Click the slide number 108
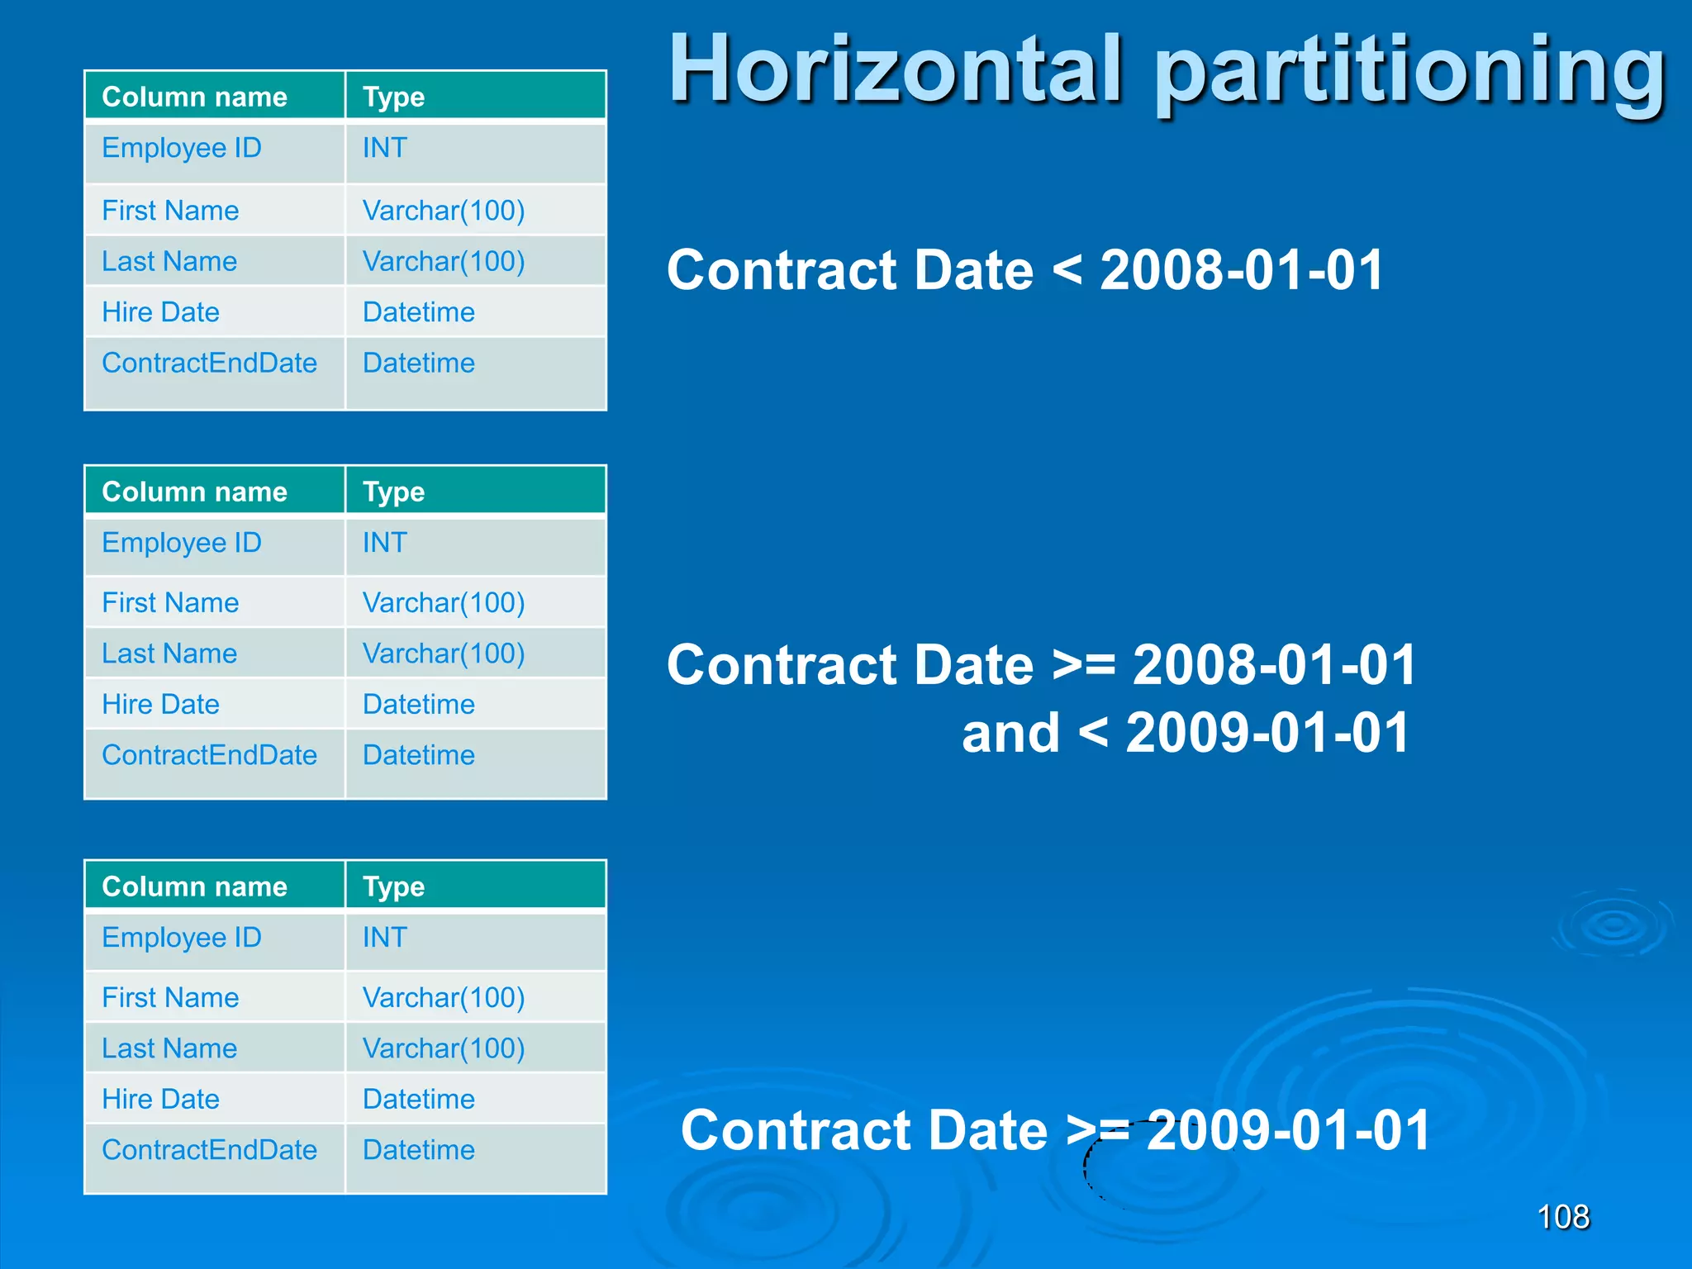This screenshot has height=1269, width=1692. (1562, 1217)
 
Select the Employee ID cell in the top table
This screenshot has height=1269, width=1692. (182, 149)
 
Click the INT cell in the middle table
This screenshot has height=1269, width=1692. (385, 543)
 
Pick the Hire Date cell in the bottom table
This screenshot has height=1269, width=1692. (161, 1099)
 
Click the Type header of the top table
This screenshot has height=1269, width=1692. (393, 97)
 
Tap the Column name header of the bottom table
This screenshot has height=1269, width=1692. (194, 886)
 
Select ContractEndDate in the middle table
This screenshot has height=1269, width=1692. (209, 755)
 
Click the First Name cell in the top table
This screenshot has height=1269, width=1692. (170, 211)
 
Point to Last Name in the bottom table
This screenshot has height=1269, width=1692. (169, 1048)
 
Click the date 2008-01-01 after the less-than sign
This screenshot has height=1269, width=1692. (1242, 270)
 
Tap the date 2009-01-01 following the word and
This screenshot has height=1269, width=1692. (1267, 733)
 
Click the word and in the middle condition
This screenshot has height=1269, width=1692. (1010, 733)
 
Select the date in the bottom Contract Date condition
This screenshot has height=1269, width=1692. (1288, 1130)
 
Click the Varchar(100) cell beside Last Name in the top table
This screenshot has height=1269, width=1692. (444, 262)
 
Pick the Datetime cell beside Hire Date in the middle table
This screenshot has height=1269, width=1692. (419, 705)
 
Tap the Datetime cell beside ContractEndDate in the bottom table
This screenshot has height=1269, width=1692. (419, 1150)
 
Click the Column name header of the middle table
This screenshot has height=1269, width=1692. (194, 492)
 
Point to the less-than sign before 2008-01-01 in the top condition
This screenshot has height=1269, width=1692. (1067, 270)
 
